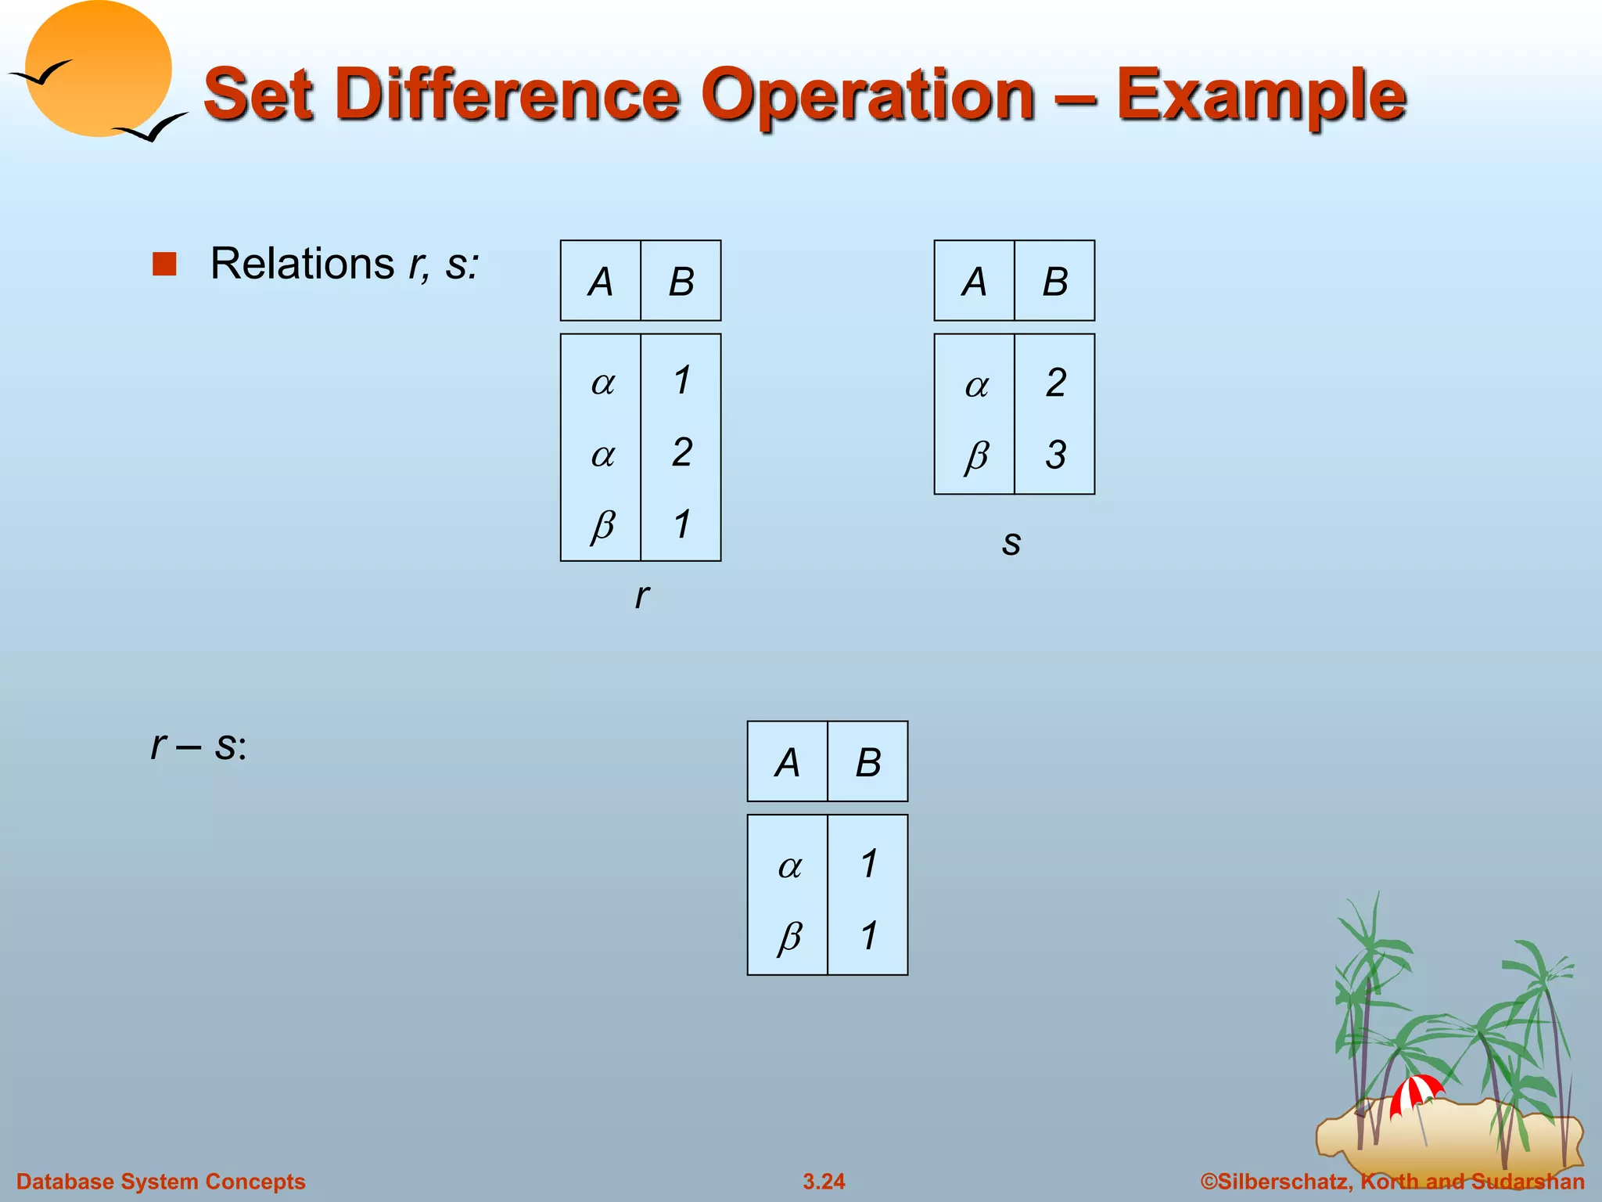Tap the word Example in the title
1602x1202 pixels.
pos(1261,95)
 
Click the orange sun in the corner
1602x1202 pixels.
pos(98,69)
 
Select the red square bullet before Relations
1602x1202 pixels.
pos(164,265)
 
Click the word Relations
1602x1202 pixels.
pos(302,264)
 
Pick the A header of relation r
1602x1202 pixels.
pos(601,282)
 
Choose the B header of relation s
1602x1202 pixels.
pos(1054,282)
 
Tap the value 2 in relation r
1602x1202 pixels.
pos(682,452)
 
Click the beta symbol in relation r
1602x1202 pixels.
pos(602,524)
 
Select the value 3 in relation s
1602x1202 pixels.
pos(1055,455)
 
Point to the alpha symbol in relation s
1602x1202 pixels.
pos(976,385)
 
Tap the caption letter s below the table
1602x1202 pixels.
pos(1011,542)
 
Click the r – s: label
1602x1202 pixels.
pos(199,745)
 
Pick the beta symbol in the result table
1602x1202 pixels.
pos(789,936)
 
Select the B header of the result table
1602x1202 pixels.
pos(867,762)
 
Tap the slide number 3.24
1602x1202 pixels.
pos(824,1181)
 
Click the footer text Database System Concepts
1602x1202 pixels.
pos(161,1181)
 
